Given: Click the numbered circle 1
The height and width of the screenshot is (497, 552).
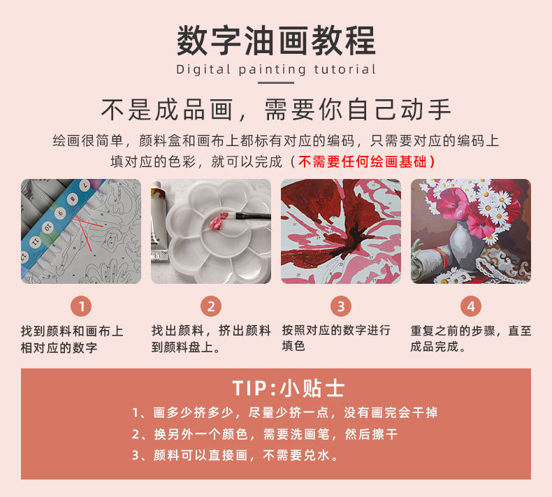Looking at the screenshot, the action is click(x=81, y=306).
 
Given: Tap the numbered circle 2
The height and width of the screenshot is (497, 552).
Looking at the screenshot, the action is click(x=211, y=306).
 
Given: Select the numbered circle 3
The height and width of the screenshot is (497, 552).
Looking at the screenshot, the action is click(x=341, y=306).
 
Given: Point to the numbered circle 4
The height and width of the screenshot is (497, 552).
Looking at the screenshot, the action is click(x=471, y=306).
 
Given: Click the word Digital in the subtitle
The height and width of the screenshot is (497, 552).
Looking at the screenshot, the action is click(x=203, y=69).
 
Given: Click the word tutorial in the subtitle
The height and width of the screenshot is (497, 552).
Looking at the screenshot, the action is click(x=344, y=69).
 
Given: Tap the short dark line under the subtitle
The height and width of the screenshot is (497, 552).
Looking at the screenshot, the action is click(x=275, y=82).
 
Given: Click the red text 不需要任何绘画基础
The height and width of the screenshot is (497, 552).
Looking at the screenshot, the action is click(x=362, y=161).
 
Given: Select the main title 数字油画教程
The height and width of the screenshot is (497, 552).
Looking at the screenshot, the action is click(x=276, y=41).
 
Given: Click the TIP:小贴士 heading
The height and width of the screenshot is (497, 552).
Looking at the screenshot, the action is click(x=288, y=389).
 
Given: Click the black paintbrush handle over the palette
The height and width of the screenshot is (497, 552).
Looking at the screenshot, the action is click(x=252, y=215).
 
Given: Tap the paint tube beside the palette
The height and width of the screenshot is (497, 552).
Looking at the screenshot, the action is click(x=159, y=221).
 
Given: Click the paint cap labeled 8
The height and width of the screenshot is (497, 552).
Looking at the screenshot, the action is click(x=73, y=199).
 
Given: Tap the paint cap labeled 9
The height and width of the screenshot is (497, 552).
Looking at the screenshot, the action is click(x=61, y=213).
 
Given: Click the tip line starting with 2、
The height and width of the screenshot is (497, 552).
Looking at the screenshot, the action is click(x=265, y=434).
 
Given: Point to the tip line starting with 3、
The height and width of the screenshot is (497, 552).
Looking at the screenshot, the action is click(x=235, y=455).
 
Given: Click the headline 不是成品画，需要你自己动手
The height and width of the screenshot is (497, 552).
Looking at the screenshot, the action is click(x=276, y=110).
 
